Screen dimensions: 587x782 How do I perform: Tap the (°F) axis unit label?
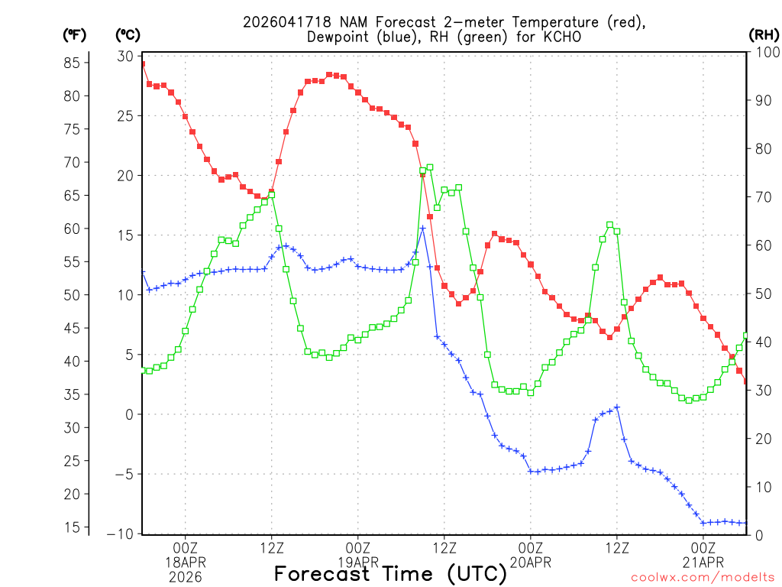pos(74,35)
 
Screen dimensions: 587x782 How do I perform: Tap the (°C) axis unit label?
pos(128,35)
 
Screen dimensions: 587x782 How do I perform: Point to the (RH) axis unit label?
pos(764,35)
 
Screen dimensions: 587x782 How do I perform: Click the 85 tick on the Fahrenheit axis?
pos(74,63)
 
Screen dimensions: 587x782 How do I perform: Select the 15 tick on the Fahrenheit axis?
pos(74,527)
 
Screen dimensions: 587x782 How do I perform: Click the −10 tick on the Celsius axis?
pos(121,533)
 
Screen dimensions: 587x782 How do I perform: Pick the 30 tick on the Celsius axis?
pos(124,57)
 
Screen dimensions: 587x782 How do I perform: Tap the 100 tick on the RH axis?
pos(764,52)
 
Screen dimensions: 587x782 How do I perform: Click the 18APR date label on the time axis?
pos(186,563)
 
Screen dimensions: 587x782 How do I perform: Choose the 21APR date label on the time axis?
pos(703,563)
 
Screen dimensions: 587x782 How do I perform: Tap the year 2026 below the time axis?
pos(186,577)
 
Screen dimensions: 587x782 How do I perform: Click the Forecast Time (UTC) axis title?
pos(390,573)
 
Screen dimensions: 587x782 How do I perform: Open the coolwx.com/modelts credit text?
pos(702,578)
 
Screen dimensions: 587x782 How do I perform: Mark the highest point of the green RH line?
pos(430,167)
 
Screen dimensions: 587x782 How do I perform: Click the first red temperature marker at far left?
pos(143,63)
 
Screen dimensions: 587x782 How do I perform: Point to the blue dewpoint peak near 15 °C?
pos(423,228)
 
